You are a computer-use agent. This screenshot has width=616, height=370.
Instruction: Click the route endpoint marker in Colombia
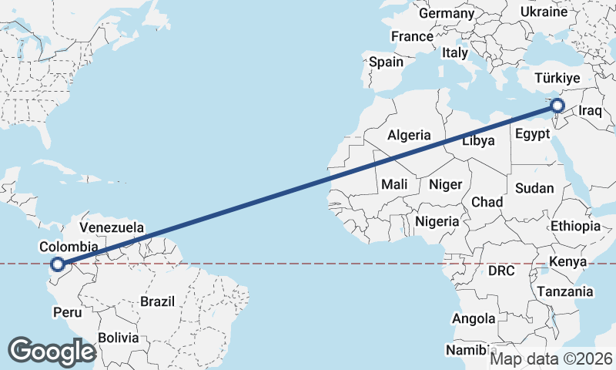(57, 265)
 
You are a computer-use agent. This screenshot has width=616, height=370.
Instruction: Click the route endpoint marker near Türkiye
(557, 106)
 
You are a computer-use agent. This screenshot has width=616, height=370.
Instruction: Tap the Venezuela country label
(112, 228)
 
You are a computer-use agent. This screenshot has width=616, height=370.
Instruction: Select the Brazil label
(157, 301)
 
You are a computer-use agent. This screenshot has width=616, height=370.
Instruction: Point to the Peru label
(67, 312)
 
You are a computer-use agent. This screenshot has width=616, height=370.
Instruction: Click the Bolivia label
(118, 338)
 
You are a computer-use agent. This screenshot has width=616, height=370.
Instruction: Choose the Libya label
(478, 141)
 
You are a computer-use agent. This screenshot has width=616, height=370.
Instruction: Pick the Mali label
(394, 184)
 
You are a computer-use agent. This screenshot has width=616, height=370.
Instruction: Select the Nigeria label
(437, 221)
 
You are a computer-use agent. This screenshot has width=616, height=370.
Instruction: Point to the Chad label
(487, 202)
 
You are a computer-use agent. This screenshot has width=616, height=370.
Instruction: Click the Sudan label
(534, 188)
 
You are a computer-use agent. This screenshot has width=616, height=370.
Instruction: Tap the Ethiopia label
(575, 226)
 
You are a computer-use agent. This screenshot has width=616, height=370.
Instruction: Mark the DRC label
(500, 271)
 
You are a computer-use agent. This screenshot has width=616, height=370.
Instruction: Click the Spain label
(386, 62)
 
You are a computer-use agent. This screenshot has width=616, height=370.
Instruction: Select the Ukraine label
(544, 12)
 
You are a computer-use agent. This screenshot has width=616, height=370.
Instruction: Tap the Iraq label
(589, 111)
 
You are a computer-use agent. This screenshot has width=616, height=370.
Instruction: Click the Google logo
(52, 351)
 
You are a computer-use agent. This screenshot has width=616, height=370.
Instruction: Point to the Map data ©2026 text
(551, 358)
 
